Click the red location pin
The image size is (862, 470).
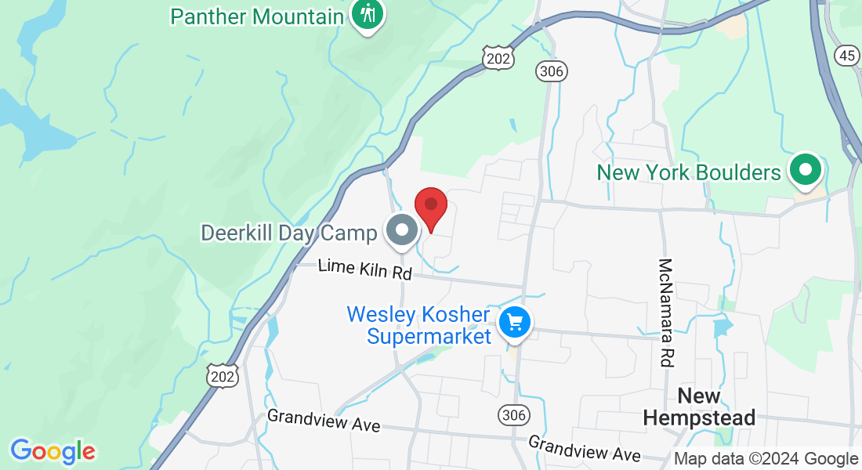pos(430,208)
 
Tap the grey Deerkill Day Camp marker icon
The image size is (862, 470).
pos(403,231)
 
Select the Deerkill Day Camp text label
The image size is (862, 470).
pos(289,233)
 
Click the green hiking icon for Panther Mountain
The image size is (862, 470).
pos(366,13)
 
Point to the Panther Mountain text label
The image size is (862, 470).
pos(257,16)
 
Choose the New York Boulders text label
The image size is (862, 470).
pos(689,172)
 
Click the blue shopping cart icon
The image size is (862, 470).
pos(515,322)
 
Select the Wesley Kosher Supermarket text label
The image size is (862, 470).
pos(418,325)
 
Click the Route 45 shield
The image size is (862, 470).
pos(846,55)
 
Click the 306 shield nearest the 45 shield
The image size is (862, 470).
pos(552,71)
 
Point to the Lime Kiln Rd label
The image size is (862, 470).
pos(364,271)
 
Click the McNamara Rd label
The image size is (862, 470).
pos(666,313)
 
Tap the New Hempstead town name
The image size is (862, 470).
pos(699,407)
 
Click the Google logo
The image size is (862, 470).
pos(53,451)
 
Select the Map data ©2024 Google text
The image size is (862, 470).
pos(766,459)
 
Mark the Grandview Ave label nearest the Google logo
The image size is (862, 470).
pos(324,420)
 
